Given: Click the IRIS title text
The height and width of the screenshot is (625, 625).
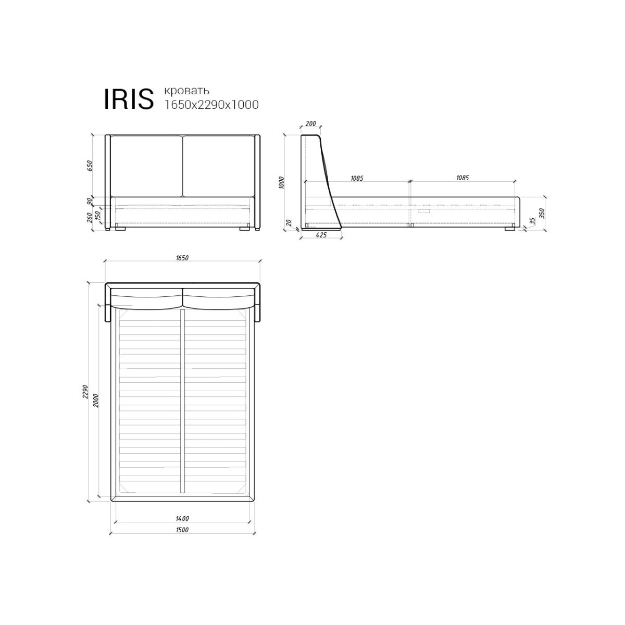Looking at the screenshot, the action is [x=129, y=99].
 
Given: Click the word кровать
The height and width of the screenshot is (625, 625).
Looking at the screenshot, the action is [x=187, y=90].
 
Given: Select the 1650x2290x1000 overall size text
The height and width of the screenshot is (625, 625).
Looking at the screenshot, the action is [x=211, y=105].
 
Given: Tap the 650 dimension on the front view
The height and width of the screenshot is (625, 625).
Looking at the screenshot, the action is [x=90, y=166].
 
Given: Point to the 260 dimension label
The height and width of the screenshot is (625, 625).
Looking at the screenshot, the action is [x=90, y=217].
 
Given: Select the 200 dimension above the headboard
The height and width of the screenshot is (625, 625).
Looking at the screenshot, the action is [x=310, y=123].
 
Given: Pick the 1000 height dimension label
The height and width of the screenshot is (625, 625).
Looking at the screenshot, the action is [x=281, y=183].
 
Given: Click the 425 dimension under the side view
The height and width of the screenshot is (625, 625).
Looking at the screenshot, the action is [x=321, y=235].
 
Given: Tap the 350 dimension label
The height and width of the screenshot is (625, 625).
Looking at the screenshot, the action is [x=541, y=214].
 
